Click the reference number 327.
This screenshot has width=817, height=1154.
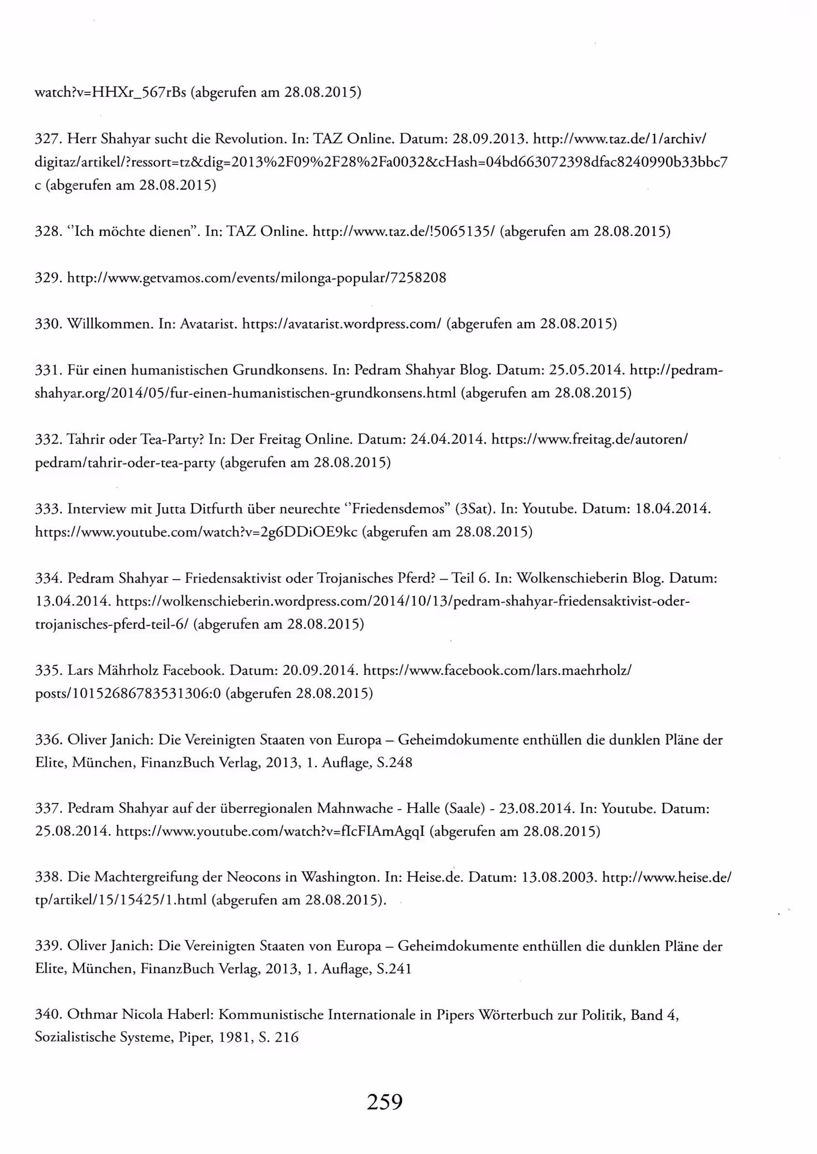[x=47, y=138]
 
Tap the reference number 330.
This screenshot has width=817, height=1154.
[x=47, y=324]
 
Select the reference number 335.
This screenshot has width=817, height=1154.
[x=47, y=670]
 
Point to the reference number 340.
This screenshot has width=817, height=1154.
[x=47, y=1014]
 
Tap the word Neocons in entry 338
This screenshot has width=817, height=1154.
[x=253, y=877]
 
